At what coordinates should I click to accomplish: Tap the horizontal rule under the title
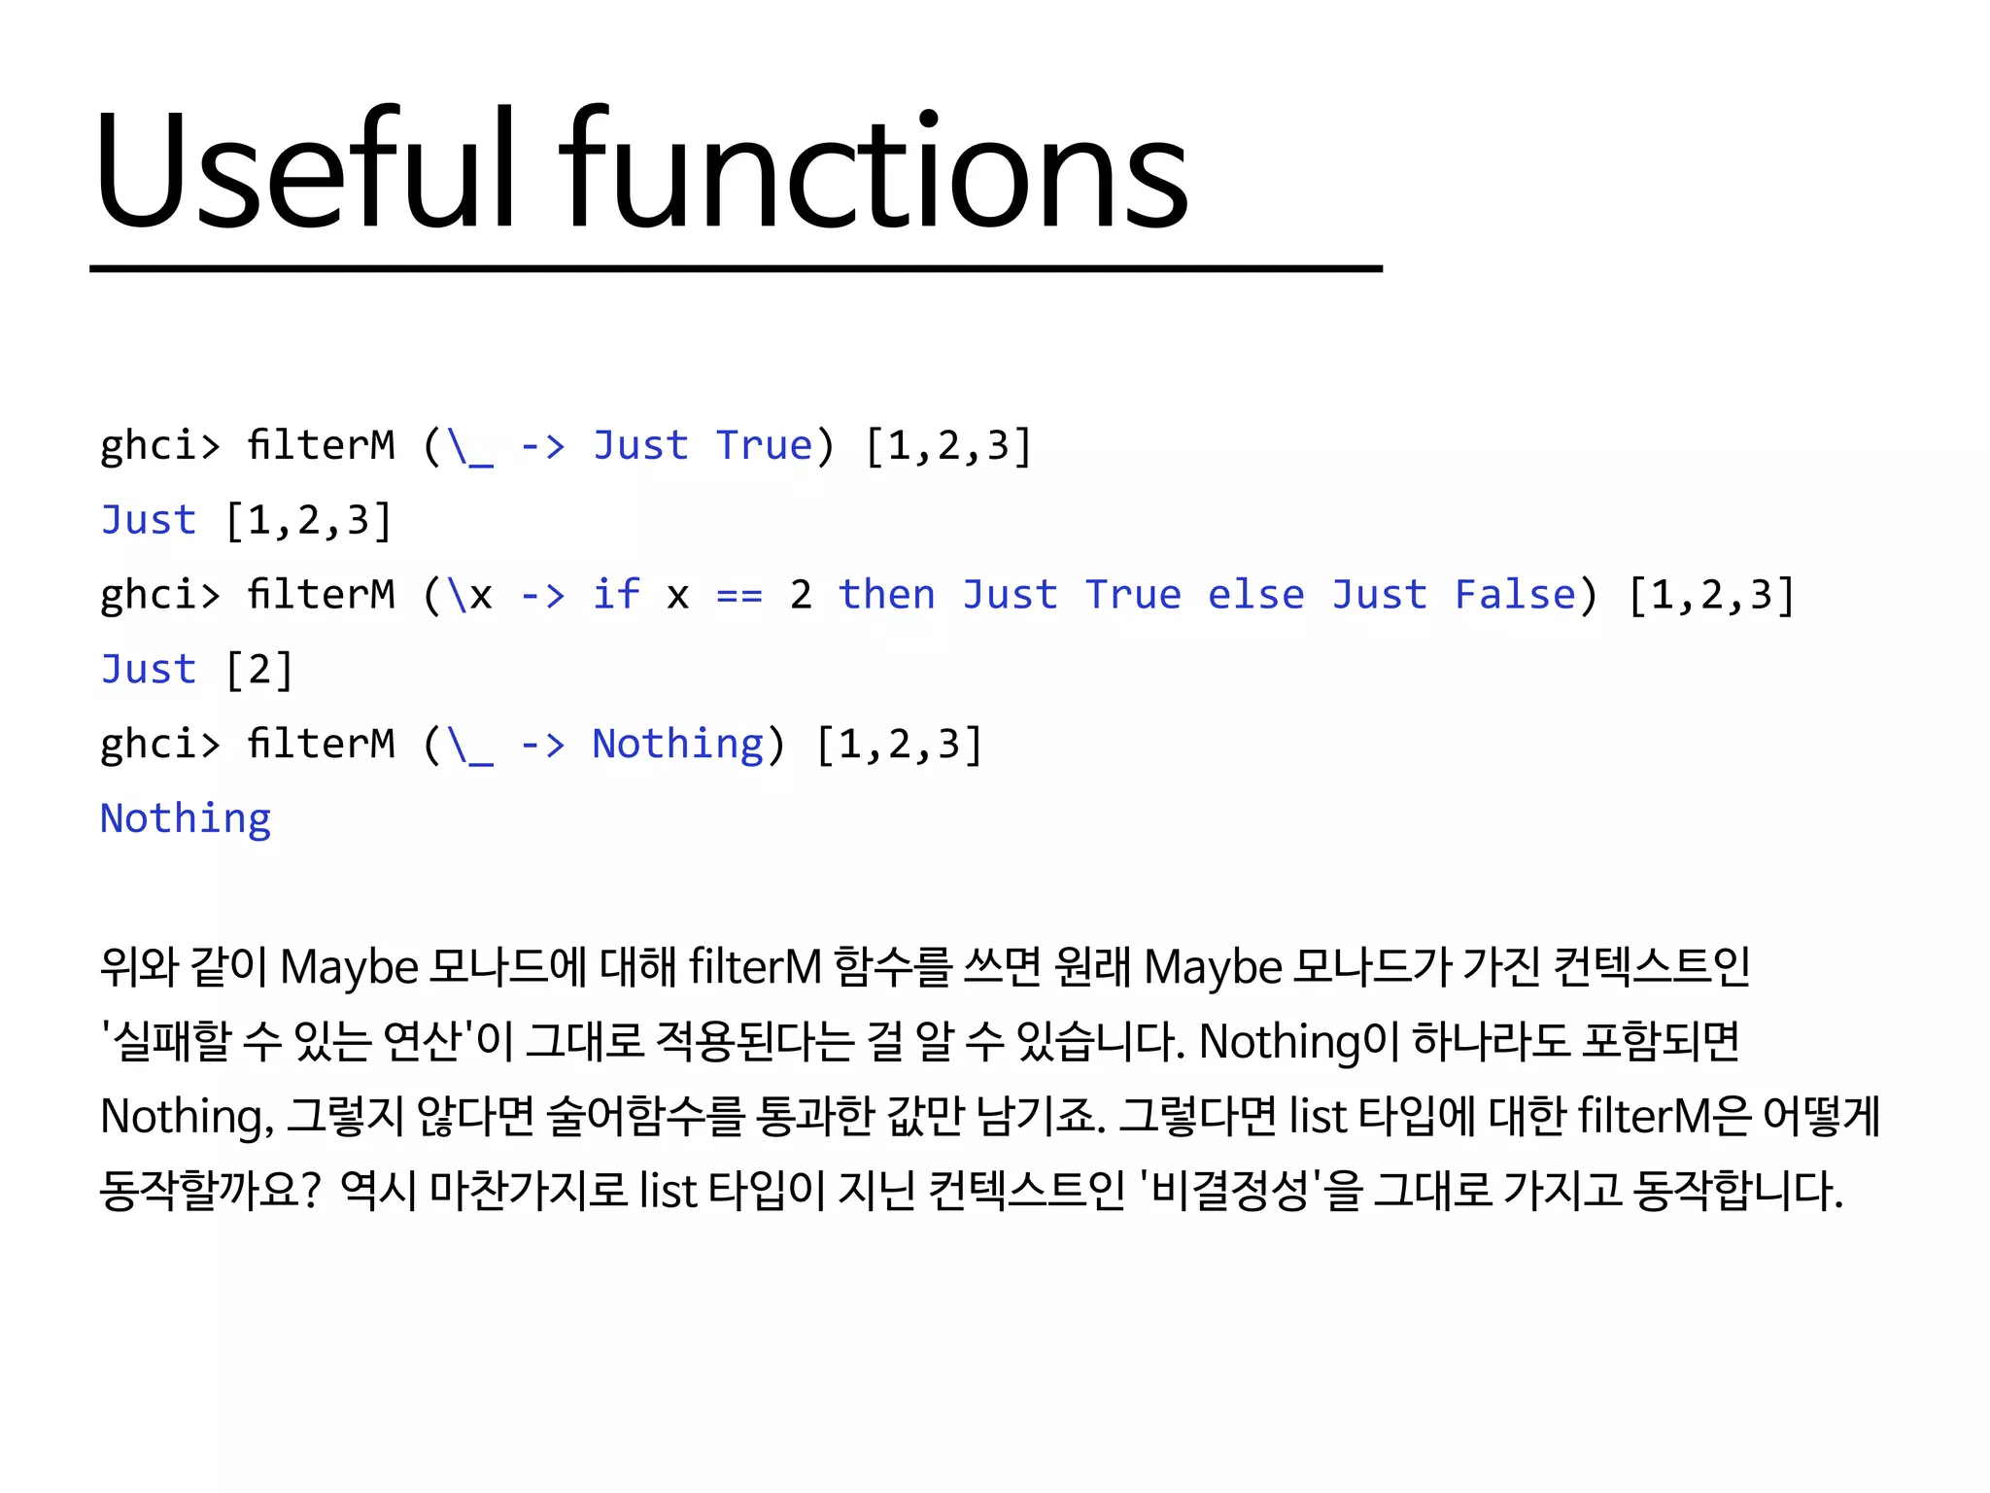(x=736, y=268)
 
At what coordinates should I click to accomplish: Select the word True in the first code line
(x=764, y=446)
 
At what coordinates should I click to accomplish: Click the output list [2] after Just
(x=258, y=670)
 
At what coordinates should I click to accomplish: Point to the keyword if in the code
(x=617, y=595)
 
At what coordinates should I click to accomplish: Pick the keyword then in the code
(x=887, y=595)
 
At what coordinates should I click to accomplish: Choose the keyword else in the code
(x=1255, y=595)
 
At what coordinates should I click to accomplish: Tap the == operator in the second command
(x=739, y=595)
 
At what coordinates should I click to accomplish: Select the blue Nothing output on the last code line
(x=186, y=818)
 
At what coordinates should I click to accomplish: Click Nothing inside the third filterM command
(x=678, y=745)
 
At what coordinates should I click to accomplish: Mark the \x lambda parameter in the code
(x=468, y=595)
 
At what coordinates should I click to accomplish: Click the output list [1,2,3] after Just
(x=308, y=521)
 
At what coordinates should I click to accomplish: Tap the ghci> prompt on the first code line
(x=160, y=446)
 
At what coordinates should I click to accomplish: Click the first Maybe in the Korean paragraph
(x=349, y=968)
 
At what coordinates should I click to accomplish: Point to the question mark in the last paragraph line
(x=310, y=1191)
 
